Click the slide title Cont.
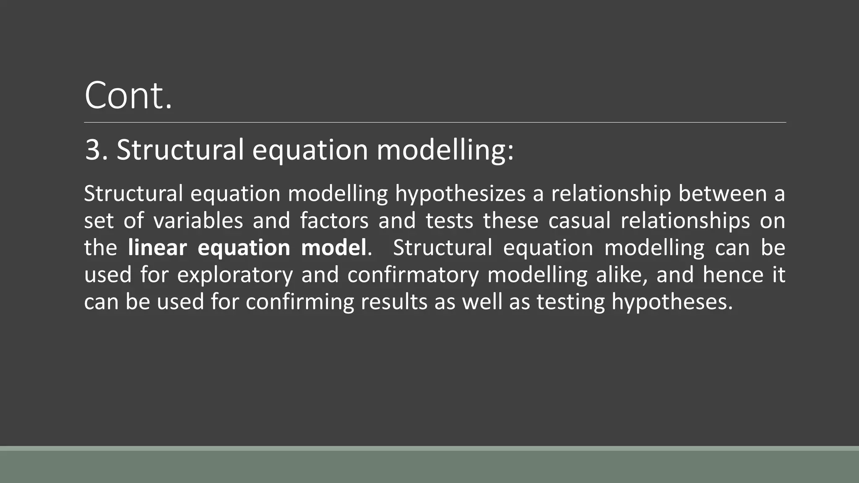[x=128, y=96]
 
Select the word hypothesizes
[x=460, y=195]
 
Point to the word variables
[x=198, y=221]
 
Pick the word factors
[x=334, y=221]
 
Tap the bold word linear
[x=157, y=247]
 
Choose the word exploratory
[x=235, y=275]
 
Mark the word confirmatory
[x=413, y=275]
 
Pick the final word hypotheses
[x=671, y=302]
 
